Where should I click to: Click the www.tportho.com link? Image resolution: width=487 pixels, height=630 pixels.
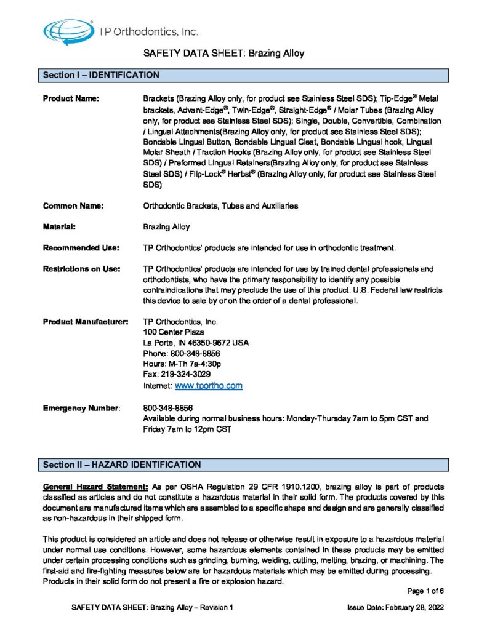coord(209,386)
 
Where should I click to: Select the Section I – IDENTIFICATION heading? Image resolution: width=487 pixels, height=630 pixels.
coord(101,75)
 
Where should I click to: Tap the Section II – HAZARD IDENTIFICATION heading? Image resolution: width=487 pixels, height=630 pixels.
coord(121,464)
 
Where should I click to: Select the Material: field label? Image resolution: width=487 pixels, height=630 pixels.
coord(59,227)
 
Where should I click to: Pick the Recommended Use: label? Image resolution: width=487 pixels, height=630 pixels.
coord(81,248)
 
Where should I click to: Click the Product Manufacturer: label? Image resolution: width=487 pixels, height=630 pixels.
coord(86,322)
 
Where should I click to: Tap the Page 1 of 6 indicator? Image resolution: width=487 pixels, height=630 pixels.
coord(425,591)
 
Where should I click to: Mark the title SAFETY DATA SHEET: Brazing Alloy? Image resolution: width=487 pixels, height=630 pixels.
coord(223,54)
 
